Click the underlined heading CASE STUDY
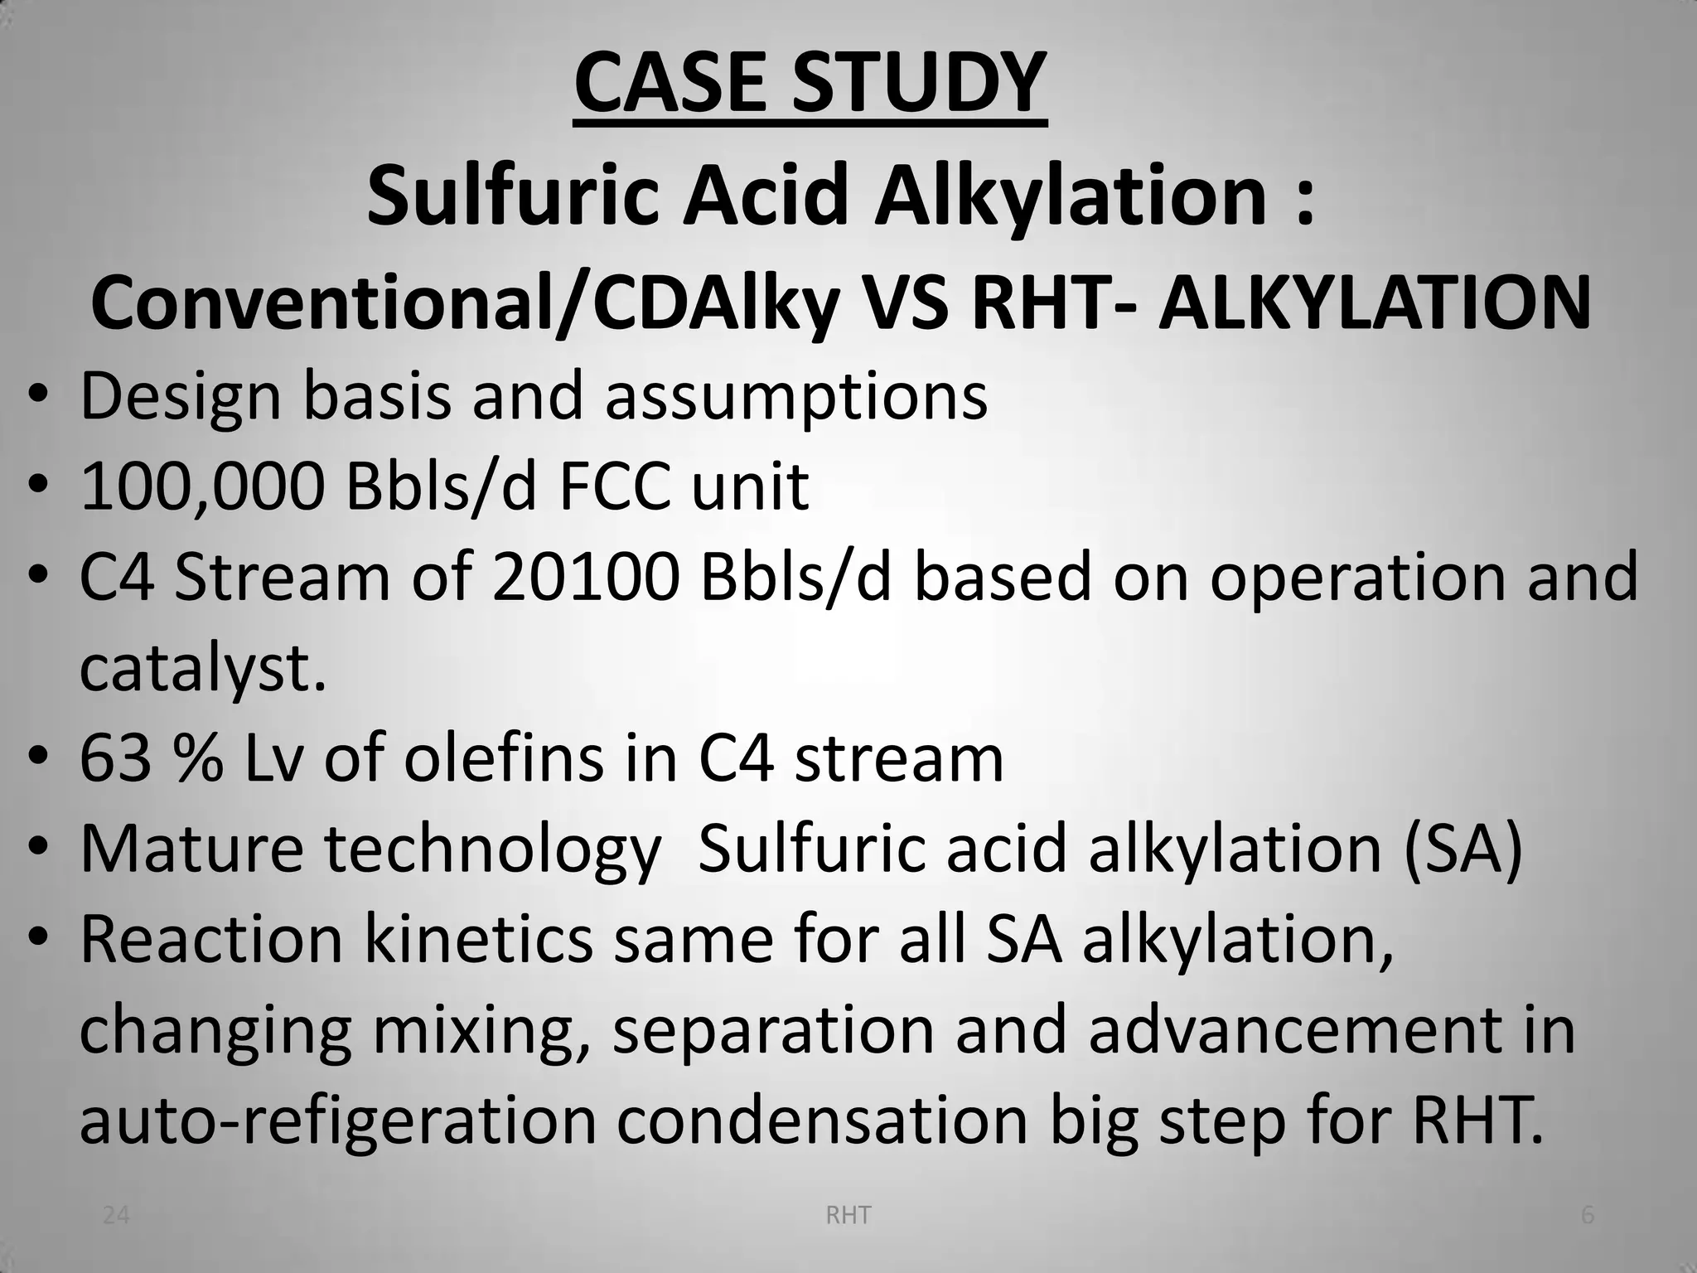[810, 85]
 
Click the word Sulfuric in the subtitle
[511, 196]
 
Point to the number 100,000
[202, 487]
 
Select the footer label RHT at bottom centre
[848, 1216]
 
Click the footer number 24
[116, 1216]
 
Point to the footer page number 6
[1588, 1216]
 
